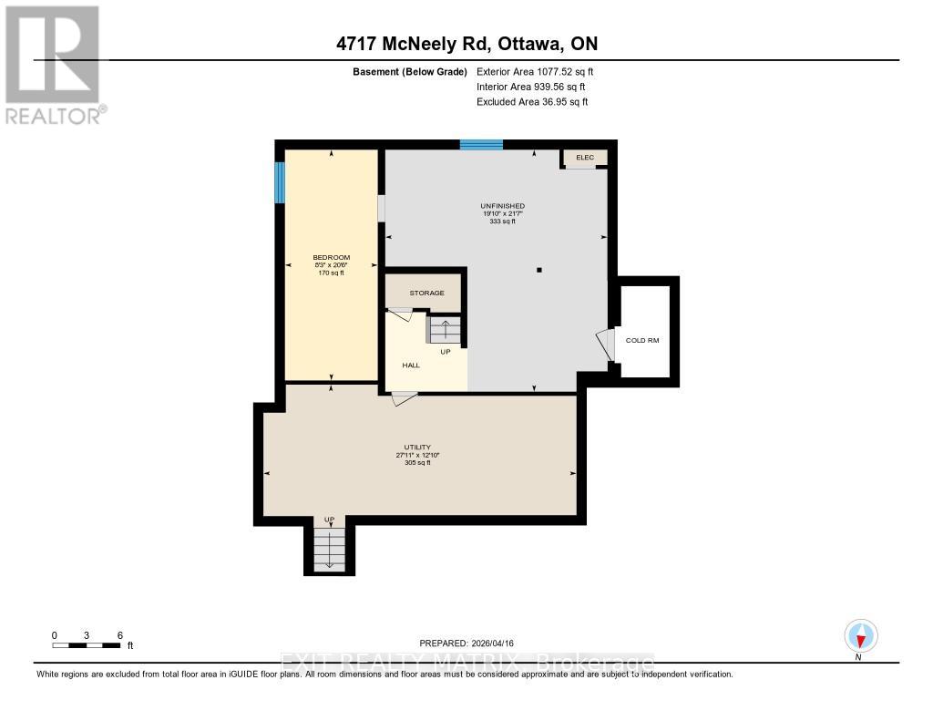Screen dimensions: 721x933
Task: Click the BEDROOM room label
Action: [x=331, y=257]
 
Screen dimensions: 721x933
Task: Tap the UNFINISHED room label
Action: [x=503, y=206]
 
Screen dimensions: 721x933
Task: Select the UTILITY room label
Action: [x=418, y=447]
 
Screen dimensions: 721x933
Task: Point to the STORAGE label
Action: [x=426, y=293]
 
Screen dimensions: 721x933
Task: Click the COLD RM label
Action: [x=641, y=340]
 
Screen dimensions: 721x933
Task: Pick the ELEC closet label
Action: [x=584, y=158]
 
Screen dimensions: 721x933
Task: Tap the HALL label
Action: [x=411, y=365]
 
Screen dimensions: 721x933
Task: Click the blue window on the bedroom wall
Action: [x=280, y=182]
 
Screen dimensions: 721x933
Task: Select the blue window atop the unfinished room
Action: [x=481, y=144]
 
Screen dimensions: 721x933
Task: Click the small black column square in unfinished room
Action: [x=539, y=270]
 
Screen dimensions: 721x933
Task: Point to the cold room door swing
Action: [x=606, y=345]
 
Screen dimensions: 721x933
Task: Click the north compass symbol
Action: [x=860, y=635]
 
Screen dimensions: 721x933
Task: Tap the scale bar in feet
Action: [x=87, y=644]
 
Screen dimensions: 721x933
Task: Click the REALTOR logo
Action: [x=54, y=65]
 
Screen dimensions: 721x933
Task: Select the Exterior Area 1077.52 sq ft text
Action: [x=535, y=71]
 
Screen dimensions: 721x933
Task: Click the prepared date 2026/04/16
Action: [x=472, y=643]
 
